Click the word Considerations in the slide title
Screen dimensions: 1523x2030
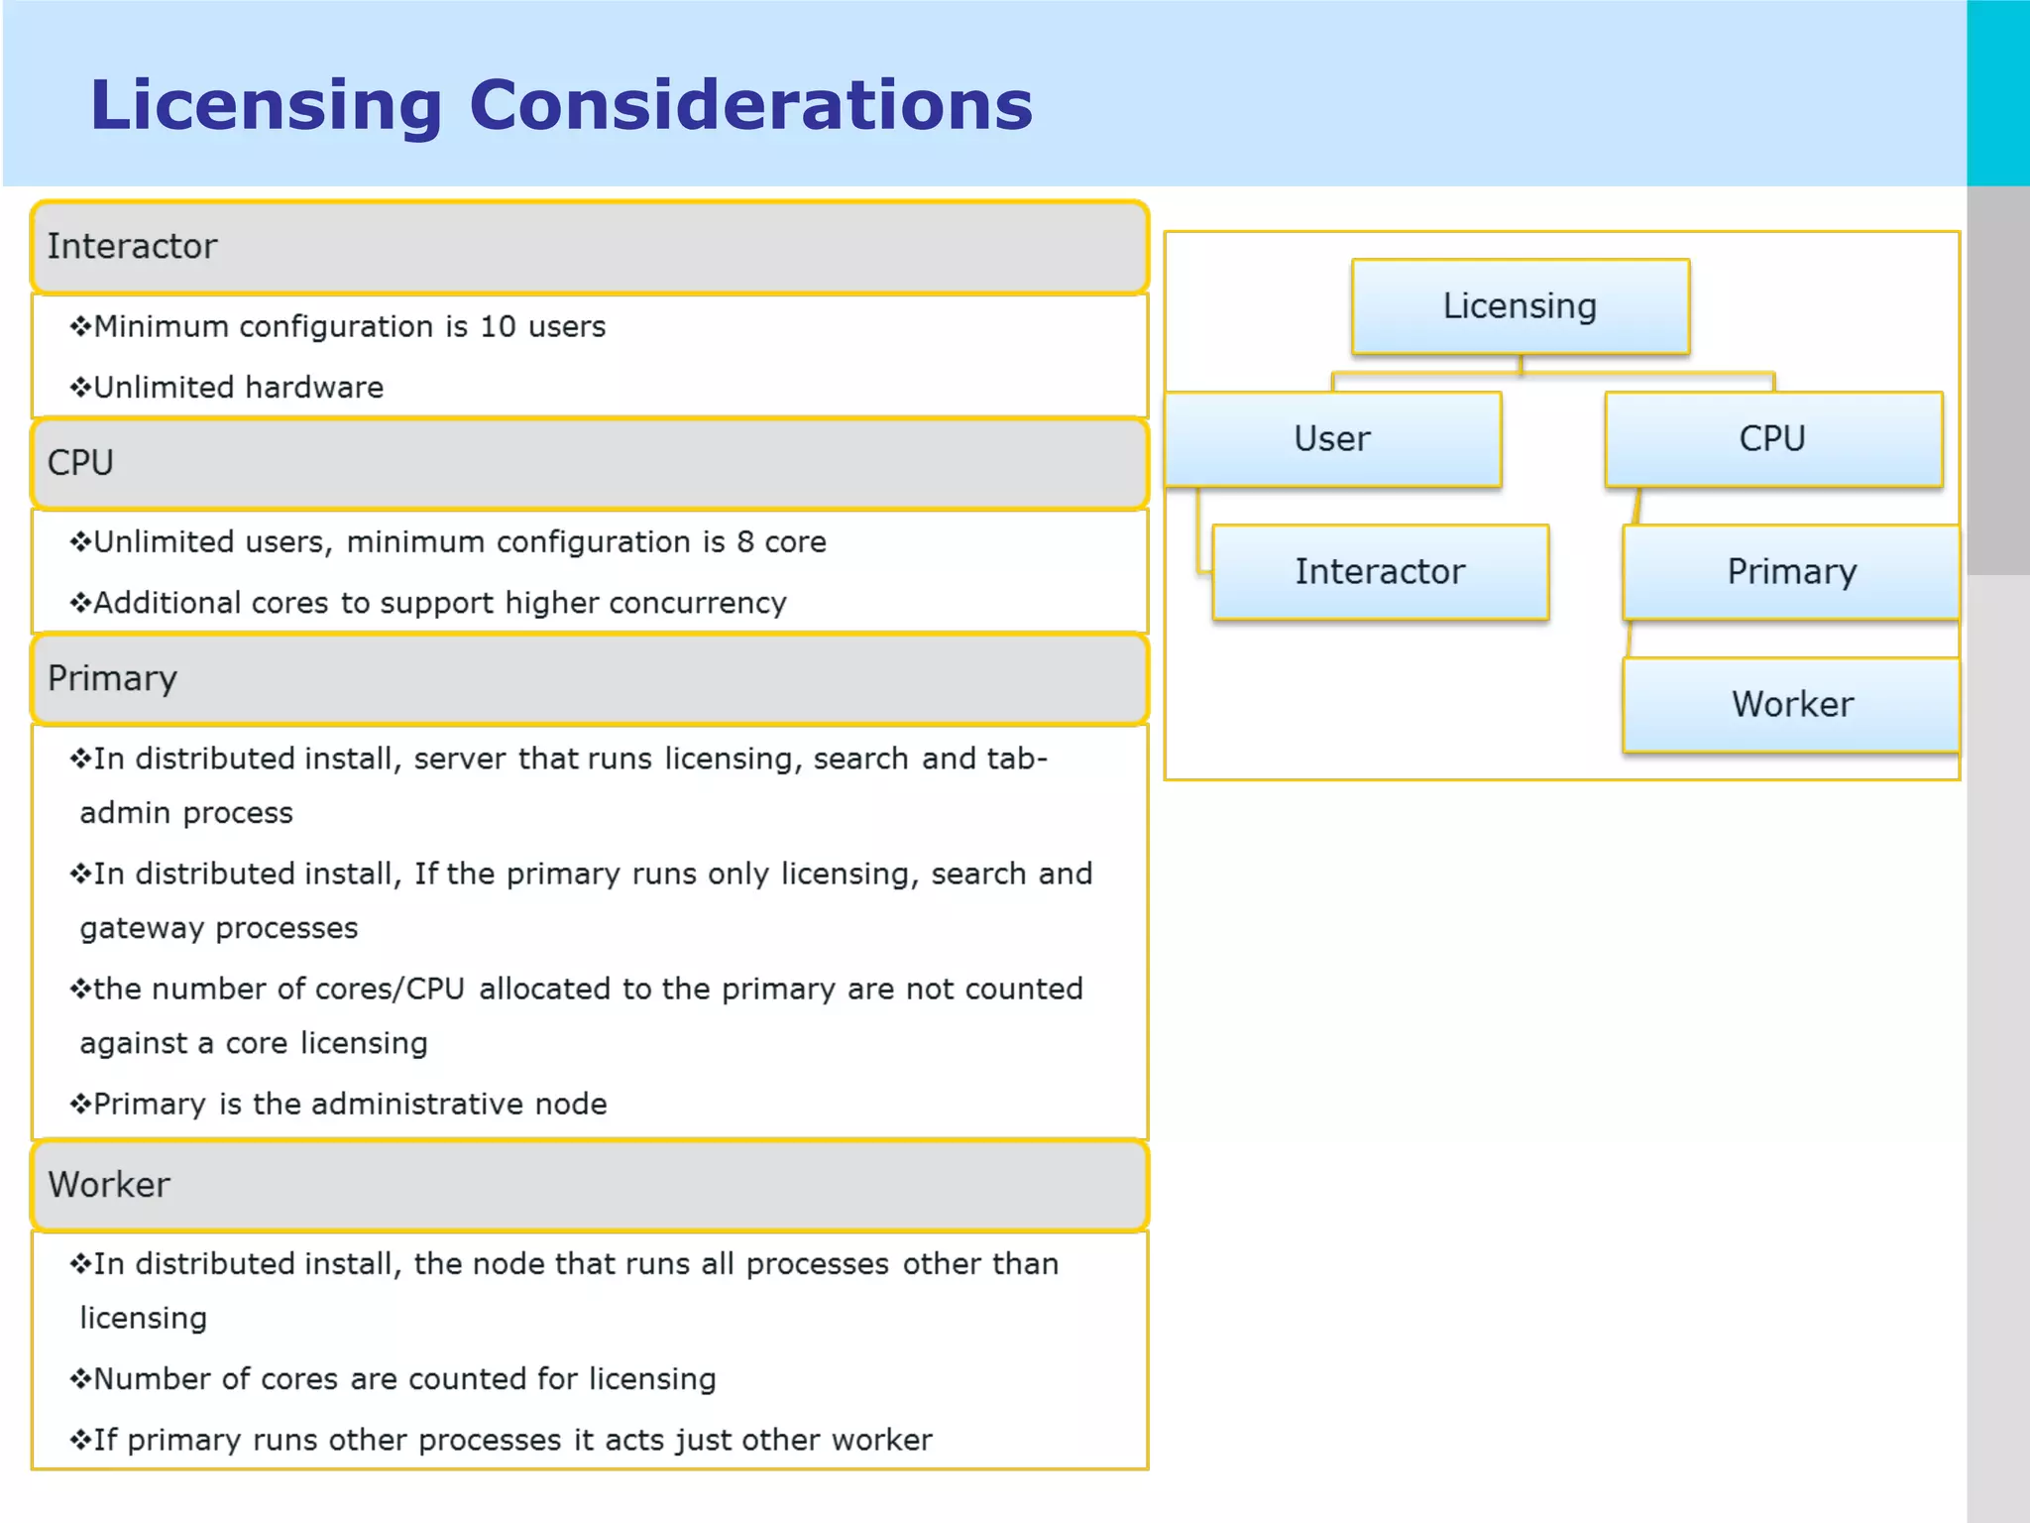[750, 105]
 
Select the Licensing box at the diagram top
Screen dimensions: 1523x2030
[1520, 306]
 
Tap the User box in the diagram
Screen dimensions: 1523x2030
[1332, 438]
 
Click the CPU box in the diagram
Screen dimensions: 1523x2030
[1772, 438]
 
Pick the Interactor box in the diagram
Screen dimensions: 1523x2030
[1380, 572]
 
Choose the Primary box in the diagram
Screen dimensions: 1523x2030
[1791, 572]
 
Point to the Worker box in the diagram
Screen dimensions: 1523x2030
[1791, 704]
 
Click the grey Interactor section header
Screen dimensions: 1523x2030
[590, 247]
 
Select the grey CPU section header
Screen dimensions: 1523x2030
[590, 463]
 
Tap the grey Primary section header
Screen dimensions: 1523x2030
[590, 679]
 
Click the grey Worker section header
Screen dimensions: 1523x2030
[590, 1185]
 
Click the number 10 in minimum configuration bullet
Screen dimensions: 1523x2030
[498, 327]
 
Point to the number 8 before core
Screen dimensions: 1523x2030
[744, 542]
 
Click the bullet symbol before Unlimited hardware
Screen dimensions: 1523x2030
[80, 388]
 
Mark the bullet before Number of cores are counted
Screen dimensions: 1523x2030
[80, 1379]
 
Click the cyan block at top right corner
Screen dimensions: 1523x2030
[1997, 92]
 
